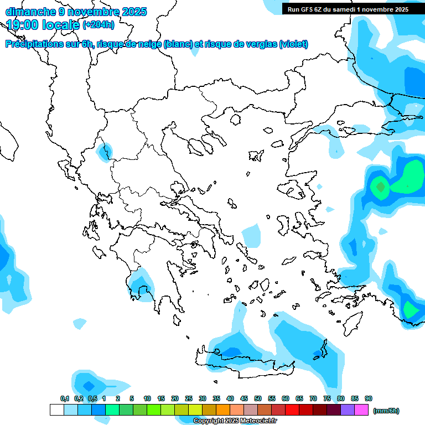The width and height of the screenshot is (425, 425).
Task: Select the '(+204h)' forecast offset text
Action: (99, 24)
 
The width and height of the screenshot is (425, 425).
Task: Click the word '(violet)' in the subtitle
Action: (294, 44)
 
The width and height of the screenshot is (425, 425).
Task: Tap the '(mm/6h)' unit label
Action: (386, 411)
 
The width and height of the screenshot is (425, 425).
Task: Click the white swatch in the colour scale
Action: (56, 410)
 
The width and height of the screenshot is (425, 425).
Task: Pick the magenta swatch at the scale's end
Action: (361, 410)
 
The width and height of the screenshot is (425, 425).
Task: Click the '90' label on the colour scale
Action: (369, 398)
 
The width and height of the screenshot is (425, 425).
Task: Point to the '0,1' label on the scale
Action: (65, 398)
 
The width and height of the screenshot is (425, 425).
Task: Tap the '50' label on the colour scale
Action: (258, 398)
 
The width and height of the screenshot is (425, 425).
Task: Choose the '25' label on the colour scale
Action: (189, 398)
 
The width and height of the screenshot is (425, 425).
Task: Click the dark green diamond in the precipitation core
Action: (380, 187)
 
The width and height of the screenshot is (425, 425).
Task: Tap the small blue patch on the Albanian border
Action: (103, 151)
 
